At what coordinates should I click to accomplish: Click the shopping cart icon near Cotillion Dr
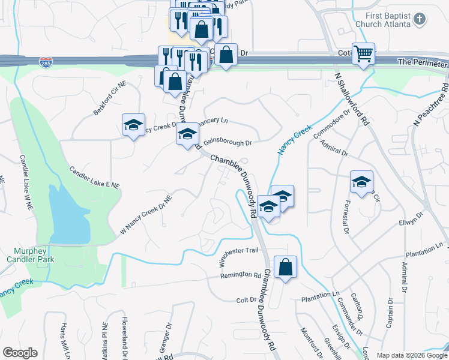pos(364,54)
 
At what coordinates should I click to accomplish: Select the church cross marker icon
pos(420,20)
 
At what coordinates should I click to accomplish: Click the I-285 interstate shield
pos(46,62)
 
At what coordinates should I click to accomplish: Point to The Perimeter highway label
pos(423,62)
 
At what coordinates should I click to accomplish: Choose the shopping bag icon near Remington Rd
pos(286,266)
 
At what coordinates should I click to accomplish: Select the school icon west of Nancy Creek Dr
pos(133,125)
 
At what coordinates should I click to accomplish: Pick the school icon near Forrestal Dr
pos(361,182)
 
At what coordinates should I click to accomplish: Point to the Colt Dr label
pos(246,300)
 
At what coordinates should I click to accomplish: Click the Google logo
pos(20,353)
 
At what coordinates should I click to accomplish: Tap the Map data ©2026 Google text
pos(412,355)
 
